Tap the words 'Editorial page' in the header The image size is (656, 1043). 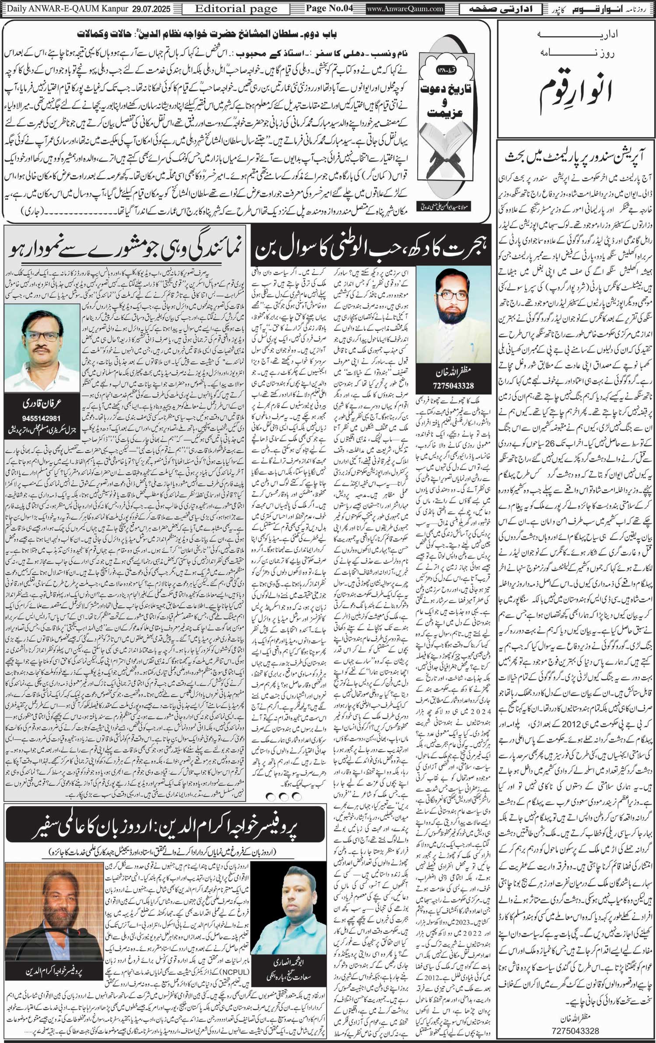236,9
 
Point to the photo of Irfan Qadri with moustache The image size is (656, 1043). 42,348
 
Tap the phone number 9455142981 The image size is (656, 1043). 42,418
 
